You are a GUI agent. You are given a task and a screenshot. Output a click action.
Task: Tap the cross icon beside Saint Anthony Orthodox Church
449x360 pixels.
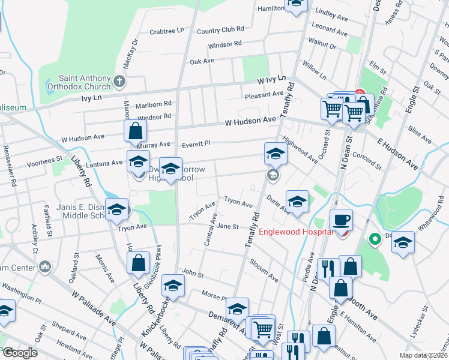tap(119, 81)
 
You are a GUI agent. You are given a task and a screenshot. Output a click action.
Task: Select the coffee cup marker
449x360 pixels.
tap(341, 220)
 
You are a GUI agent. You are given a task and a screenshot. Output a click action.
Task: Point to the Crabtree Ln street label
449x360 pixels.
tap(167, 32)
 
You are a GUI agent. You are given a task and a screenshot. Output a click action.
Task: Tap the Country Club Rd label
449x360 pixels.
tap(220, 29)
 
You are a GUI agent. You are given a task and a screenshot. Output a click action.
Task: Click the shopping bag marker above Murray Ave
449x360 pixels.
tap(136, 131)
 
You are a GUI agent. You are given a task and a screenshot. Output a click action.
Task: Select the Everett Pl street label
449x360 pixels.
tap(197, 143)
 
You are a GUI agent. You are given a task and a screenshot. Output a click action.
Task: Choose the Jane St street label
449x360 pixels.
tap(228, 226)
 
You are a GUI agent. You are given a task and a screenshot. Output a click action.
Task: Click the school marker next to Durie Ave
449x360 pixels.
tap(297, 202)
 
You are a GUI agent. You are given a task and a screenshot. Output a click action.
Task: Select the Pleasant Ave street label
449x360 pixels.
tap(264, 94)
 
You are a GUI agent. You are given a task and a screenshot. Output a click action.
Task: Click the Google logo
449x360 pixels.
tap(19, 353)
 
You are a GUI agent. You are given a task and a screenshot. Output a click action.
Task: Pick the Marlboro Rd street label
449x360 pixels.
tap(154, 103)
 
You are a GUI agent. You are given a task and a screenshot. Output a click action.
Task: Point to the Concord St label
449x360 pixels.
tap(367, 158)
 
